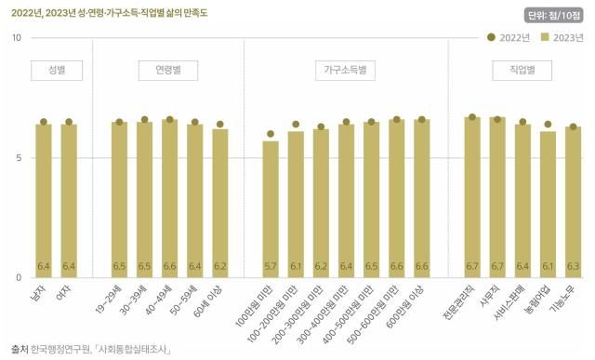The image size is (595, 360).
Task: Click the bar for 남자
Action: pyautogui.click(x=43, y=200)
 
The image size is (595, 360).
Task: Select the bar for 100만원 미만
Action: pyautogui.click(x=271, y=209)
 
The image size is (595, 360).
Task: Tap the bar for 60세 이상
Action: pyautogui.click(x=219, y=203)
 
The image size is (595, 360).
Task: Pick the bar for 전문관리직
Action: pyautogui.click(x=472, y=197)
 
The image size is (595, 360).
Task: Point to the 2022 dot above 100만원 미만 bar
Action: pyautogui.click(x=271, y=134)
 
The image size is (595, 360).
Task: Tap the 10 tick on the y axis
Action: pyautogui.click(x=16, y=37)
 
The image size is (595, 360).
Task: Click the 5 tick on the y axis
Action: pyautogui.click(x=18, y=157)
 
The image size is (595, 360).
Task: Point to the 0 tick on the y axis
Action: pyautogui.click(x=18, y=277)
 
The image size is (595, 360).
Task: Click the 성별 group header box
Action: pyautogui.click(x=56, y=69)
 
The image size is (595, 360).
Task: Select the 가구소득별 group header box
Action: pyautogui.click(x=346, y=69)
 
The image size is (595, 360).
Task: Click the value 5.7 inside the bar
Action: pyautogui.click(x=271, y=266)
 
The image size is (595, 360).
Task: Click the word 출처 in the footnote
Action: pyautogui.click(x=19, y=349)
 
